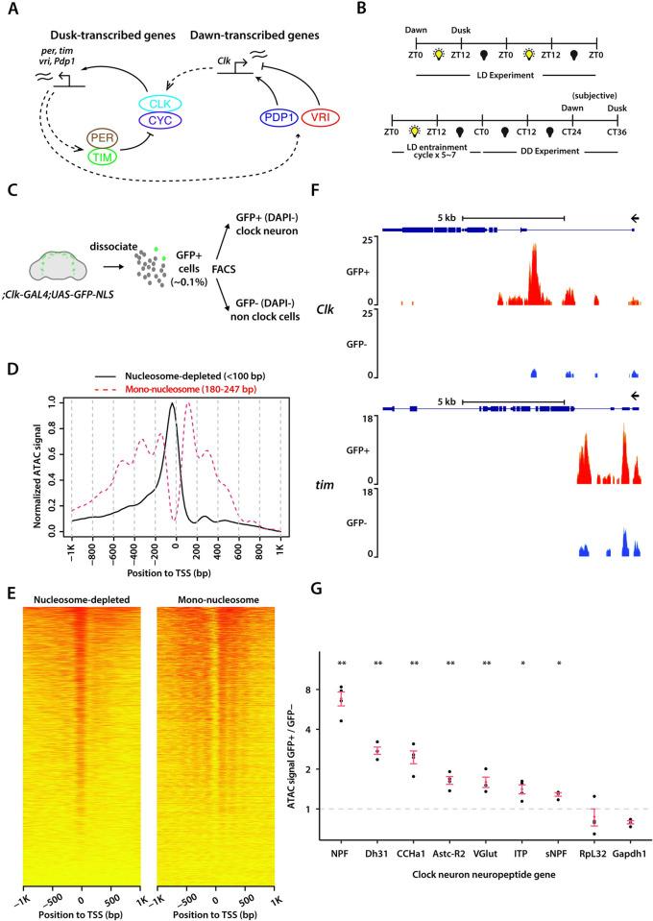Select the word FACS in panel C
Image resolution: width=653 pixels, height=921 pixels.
point(209,231)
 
